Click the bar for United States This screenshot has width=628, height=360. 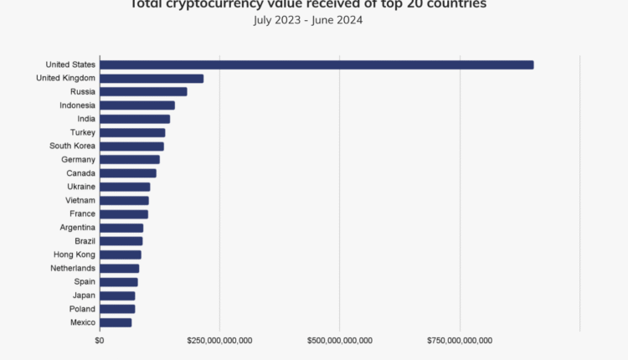[317, 64]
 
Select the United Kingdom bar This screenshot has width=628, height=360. [152, 79]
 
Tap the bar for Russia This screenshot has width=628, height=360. [143, 92]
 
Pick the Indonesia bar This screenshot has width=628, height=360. [137, 105]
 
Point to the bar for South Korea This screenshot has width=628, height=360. [131, 147]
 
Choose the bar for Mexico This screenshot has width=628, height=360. [116, 322]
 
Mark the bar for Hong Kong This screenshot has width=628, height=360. [121, 255]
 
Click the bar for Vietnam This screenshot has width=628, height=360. [124, 201]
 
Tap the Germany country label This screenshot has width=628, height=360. [78, 160]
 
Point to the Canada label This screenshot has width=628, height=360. [80, 173]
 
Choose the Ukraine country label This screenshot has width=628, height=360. [80, 187]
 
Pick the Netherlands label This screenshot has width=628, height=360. [73, 268]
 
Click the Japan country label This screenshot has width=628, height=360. [83, 296]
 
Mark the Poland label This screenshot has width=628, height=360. [81, 309]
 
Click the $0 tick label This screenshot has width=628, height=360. [100, 340]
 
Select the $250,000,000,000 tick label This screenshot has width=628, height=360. [219, 340]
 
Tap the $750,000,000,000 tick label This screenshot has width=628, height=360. [460, 340]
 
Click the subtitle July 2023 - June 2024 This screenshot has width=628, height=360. [308, 20]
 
